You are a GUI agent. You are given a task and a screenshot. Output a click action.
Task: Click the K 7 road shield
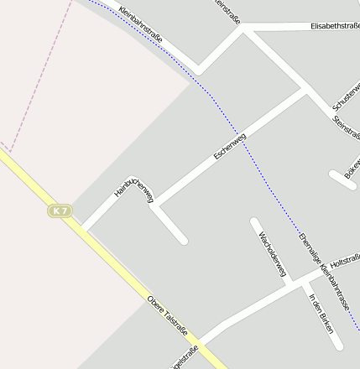click(x=58, y=211)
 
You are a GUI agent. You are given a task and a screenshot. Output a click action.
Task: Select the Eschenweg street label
click(x=229, y=146)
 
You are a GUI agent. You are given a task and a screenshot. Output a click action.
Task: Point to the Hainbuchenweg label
click(x=133, y=189)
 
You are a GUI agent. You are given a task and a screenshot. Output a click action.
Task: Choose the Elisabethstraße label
click(x=335, y=26)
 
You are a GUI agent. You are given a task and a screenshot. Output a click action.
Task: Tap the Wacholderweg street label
click(x=273, y=253)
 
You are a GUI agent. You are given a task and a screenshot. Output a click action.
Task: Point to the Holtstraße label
click(x=345, y=262)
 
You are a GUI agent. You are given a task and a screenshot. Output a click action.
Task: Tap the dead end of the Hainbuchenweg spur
click(x=183, y=241)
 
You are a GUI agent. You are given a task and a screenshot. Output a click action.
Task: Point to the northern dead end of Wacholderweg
click(x=253, y=222)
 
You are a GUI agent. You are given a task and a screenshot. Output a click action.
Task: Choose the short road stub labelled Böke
click(x=343, y=179)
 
